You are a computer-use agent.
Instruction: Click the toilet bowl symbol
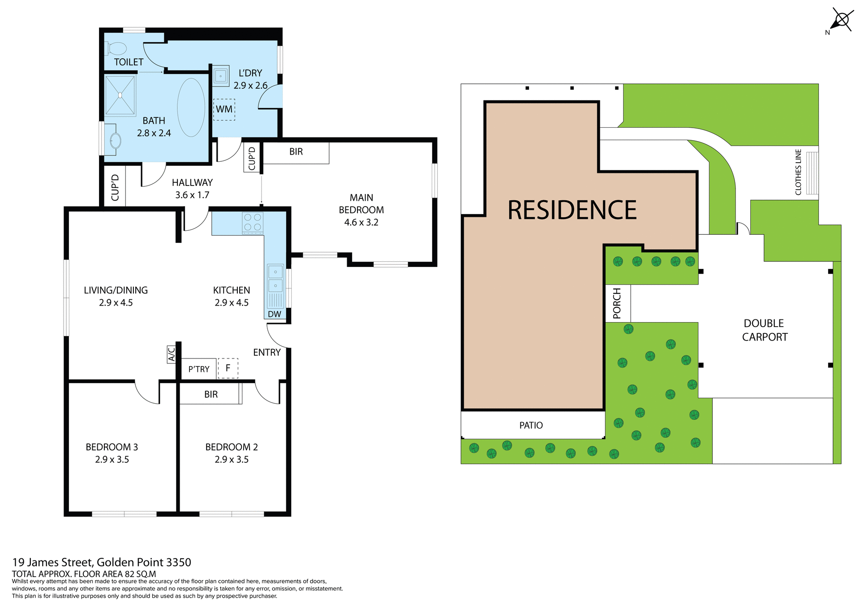[116, 48]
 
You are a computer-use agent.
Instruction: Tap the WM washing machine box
[224, 109]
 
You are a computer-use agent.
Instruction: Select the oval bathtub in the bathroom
[191, 108]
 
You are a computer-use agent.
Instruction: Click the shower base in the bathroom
[120, 95]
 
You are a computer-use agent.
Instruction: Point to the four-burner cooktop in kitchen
[253, 223]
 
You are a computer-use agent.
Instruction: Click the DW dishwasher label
[275, 314]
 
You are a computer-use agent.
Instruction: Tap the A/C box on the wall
[171, 354]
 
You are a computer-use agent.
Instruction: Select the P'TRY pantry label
[199, 369]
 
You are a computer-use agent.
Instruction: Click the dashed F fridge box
[228, 368]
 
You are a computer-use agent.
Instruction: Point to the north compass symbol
[841, 21]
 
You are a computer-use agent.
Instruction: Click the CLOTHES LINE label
[798, 172]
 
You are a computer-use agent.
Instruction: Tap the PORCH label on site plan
[617, 303]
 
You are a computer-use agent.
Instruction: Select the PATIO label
[531, 425]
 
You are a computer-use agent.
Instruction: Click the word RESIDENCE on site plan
[572, 210]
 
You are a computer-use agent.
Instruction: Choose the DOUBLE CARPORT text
[765, 330]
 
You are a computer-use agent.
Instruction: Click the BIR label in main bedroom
[296, 152]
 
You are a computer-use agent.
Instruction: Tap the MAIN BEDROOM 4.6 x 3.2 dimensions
[361, 222]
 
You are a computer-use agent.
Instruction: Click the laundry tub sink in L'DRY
[220, 76]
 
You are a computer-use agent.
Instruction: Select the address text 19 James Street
[102, 562]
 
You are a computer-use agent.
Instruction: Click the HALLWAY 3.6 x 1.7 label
[192, 189]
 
